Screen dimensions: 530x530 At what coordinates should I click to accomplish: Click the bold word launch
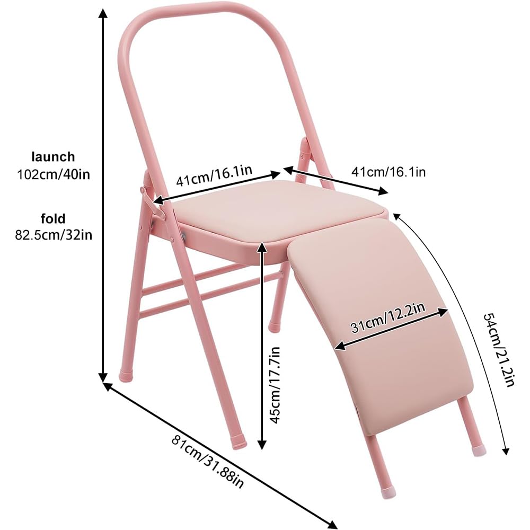(53, 157)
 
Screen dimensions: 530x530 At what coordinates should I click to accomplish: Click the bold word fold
(53, 219)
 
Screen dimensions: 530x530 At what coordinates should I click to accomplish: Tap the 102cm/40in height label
(54, 175)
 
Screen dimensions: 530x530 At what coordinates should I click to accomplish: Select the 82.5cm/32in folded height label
(54, 235)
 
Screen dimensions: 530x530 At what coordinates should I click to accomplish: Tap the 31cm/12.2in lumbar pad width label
(388, 317)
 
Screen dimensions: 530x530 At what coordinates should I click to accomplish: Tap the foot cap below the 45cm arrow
(238, 441)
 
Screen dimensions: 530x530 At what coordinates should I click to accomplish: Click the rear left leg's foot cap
(126, 375)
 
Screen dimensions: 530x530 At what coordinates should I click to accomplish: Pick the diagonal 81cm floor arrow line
(220, 456)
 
